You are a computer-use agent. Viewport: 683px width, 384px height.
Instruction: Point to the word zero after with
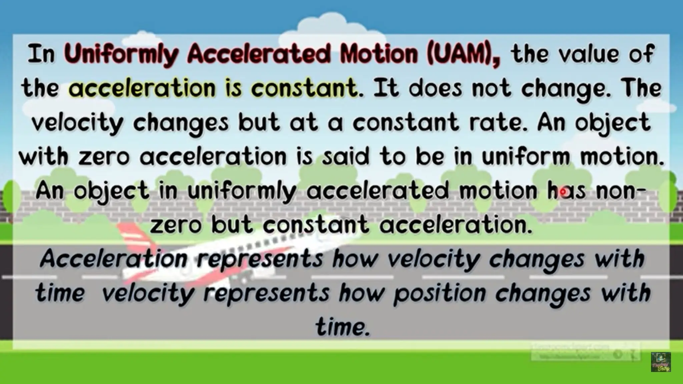[x=103, y=157]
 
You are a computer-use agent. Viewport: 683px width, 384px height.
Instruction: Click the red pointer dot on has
[x=563, y=192]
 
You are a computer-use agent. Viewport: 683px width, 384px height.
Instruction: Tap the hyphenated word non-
[x=621, y=191]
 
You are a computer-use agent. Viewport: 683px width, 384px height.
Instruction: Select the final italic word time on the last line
[x=343, y=327]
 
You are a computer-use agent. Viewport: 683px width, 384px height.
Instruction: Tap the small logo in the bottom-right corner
[x=661, y=362]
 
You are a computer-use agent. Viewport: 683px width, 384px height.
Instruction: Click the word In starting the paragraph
[x=41, y=54]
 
